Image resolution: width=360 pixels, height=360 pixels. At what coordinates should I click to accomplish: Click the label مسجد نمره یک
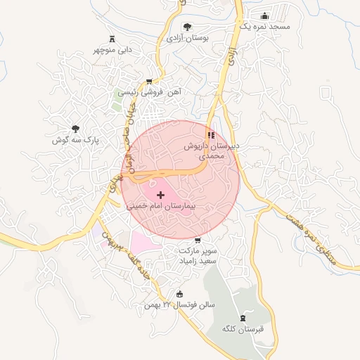click(x=264, y=26)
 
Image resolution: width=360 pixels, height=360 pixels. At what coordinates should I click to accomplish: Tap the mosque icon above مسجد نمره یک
click(x=264, y=15)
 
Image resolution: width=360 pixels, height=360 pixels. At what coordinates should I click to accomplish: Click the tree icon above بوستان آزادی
click(x=186, y=27)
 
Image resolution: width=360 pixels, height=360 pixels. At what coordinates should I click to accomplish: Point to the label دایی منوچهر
click(x=112, y=50)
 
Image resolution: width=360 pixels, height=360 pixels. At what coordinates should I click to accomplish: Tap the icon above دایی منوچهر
click(x=112, y=39)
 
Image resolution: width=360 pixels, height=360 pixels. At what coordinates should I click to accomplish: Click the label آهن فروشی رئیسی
click(x=148, y=92)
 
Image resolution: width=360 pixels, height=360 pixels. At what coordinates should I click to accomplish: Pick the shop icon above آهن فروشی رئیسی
click(x=148, y=81)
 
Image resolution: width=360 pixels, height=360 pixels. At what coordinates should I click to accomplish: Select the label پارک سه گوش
click(x=76, y=140)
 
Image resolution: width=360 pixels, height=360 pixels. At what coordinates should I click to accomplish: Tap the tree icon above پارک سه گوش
click(x=75, y=129)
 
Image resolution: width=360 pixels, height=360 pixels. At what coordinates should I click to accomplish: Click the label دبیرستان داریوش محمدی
click(x=211, y=151)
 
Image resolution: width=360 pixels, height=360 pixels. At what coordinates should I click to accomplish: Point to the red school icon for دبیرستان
click(x=210, y=134)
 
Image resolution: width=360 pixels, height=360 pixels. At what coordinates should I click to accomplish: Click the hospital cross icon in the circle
click(x=160, y=194)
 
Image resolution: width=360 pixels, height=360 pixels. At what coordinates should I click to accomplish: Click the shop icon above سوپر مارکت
click(x=197, y=238)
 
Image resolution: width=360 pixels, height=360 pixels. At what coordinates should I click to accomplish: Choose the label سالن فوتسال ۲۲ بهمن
click(x=179, y=305)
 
